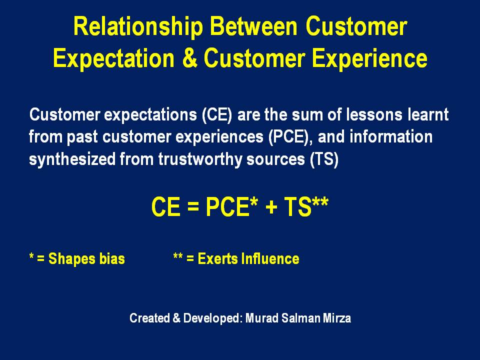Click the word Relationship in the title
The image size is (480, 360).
click(138, 27)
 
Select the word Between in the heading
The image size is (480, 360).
click(253, 26)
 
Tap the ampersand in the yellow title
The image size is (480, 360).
click(190, 58)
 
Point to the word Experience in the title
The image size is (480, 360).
click(369, 59)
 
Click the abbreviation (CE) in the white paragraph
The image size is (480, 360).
click(217, 115)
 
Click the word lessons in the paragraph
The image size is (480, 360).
click(374, 114)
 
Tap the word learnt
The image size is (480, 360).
click(428, 114)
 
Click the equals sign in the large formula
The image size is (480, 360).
click(193, 206)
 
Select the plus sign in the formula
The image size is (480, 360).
click(271, 206)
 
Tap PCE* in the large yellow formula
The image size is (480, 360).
click(231, 206)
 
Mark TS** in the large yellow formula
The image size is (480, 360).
click(306, 206)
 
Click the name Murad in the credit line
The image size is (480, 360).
click(262, 318)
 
